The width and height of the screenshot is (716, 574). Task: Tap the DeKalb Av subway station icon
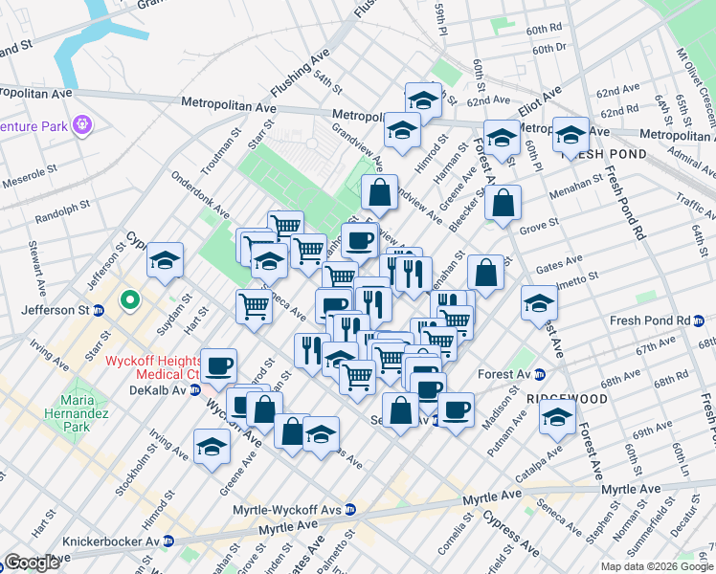[195, 390]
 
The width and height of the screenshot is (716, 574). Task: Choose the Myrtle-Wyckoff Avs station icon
[351, 509]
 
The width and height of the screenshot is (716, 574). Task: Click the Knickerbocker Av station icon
[168, 541]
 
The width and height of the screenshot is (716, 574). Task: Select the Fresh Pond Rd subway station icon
[700, 320]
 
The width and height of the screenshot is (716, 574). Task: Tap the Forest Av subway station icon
[539, 374]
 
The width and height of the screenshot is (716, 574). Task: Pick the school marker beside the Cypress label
[166, 260]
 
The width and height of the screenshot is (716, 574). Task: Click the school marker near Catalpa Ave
[557, 417]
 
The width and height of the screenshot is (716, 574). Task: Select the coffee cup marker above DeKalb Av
[218, 365]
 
